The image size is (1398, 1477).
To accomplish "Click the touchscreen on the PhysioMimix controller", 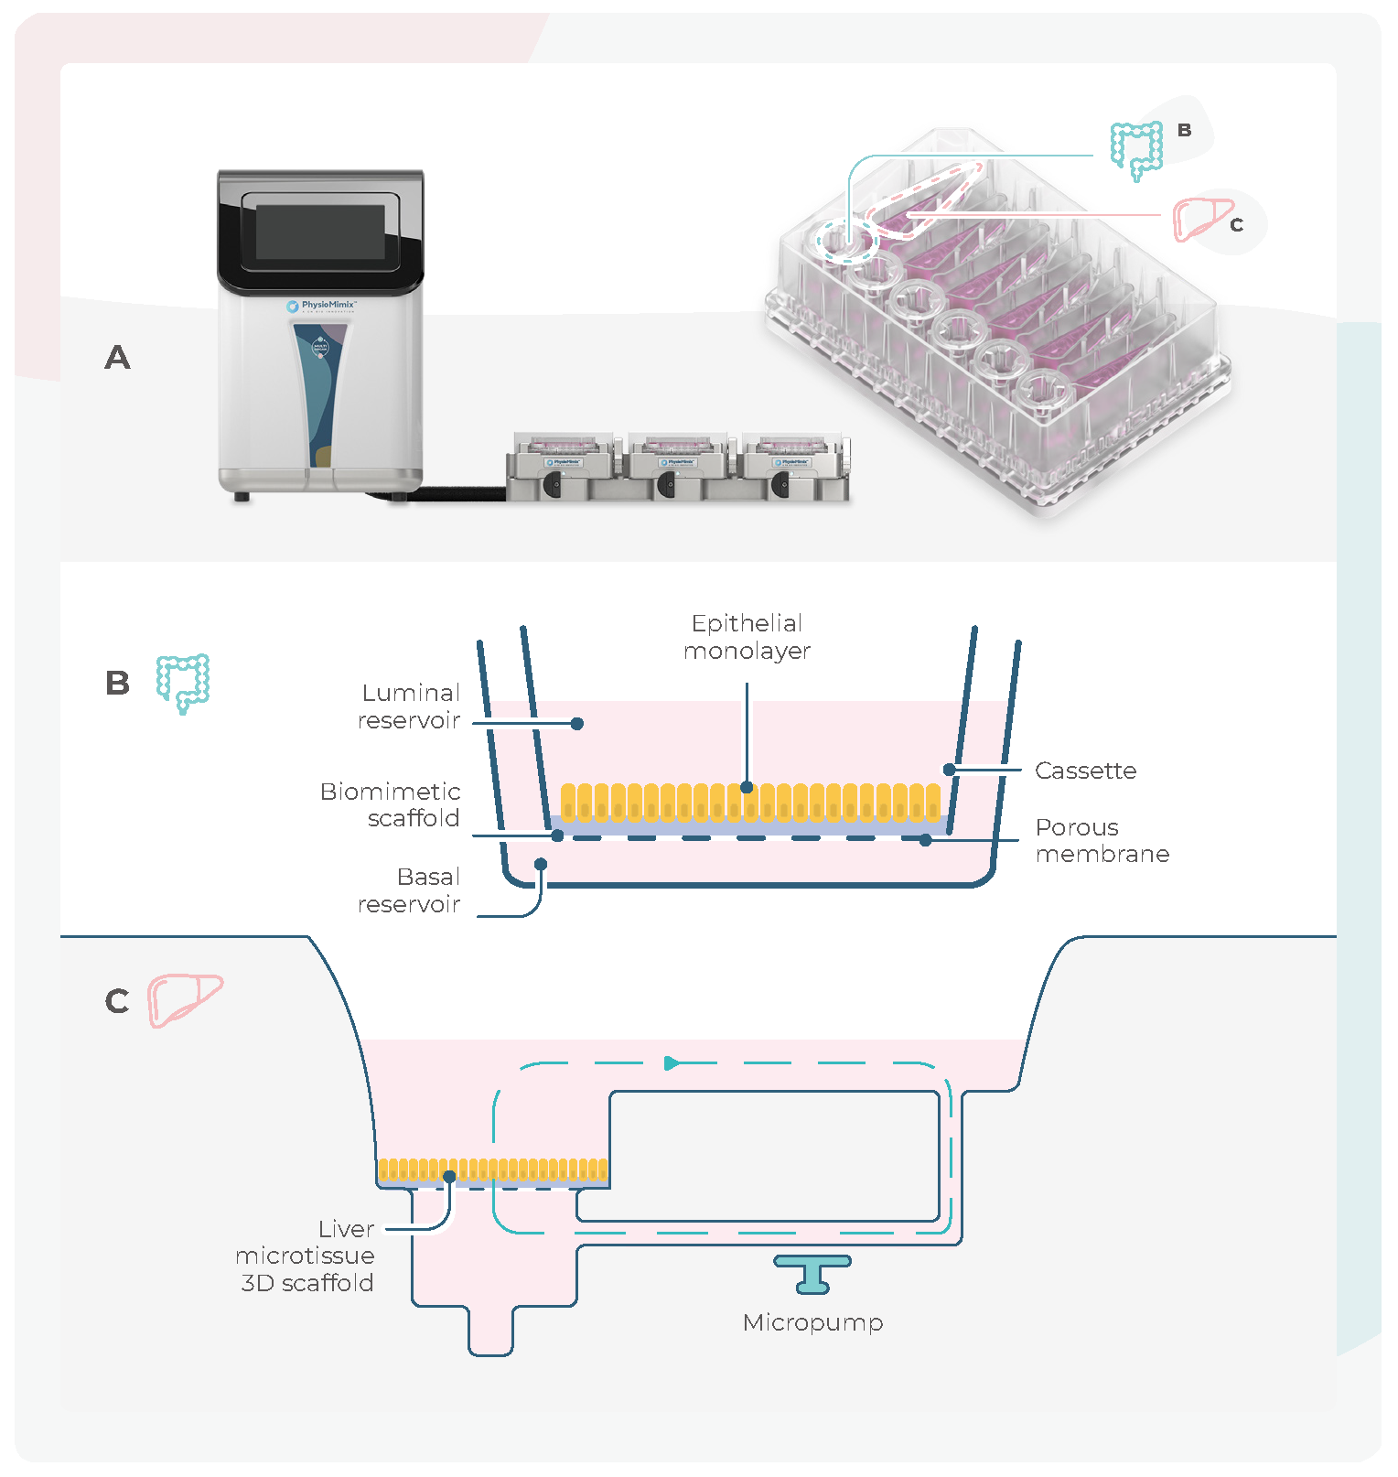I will [320, 231].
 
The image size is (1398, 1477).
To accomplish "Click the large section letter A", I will [117, 357].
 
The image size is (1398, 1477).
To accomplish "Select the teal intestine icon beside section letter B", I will [183, 682].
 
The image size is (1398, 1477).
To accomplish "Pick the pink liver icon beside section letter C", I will [186, 999].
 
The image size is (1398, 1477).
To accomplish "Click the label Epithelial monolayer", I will [747, 637].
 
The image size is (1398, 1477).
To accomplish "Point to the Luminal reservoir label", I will [409, 706].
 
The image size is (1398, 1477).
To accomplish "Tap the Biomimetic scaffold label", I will [391, 804].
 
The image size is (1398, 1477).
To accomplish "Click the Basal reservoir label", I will [409, 890].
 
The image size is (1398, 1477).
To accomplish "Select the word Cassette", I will [1085, 771].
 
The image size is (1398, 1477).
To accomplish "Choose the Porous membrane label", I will [1102, 840].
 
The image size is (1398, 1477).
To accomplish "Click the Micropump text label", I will [812, 1322].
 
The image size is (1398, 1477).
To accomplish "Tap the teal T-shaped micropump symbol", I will [812, 1273].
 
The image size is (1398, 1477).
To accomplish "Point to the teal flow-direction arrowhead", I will [672, 1062].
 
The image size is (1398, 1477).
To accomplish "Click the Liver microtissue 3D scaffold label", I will [306, 1256].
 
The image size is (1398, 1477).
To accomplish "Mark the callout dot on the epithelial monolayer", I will [747, 787].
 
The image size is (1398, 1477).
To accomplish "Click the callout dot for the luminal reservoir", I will [577, 723].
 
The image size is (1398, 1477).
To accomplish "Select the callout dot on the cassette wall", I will [950, 770].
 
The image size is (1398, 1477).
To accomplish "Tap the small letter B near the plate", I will [1184, 130].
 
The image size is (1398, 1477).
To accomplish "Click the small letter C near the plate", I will [1236, 224].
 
